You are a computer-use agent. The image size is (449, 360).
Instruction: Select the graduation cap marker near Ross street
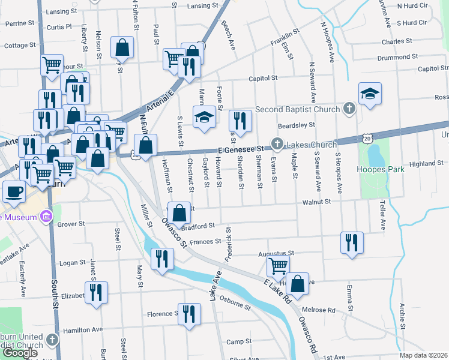tap(370, 94)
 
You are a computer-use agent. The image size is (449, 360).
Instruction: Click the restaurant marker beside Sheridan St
tap(240, 121)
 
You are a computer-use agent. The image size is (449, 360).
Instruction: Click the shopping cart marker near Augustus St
tap(277, 265)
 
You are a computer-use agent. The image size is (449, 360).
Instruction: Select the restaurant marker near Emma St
tap(351, 242)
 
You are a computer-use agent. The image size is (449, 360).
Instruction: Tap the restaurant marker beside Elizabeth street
tap(95, 293)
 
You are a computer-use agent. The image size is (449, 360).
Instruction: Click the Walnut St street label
tap(318, 202)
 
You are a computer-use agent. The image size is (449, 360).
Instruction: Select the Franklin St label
tap(284, 38)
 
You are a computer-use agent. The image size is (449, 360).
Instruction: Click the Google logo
tap(20, 353)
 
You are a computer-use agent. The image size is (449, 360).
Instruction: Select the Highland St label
tap(426, 163)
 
